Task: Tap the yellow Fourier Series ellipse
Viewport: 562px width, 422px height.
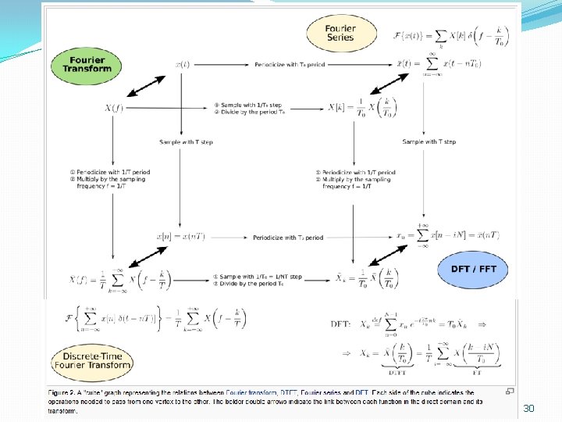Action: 340,33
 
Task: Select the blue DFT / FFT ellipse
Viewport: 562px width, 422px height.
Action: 473,269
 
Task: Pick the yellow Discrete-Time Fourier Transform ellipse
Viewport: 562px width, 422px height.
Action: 92,360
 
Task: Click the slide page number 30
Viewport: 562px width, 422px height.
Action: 528,408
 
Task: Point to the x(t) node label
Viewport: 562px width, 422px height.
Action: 181,64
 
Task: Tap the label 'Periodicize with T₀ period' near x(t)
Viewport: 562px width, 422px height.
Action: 289,65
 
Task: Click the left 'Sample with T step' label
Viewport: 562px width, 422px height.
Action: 186,142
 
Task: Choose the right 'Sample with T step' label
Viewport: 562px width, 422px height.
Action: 429,141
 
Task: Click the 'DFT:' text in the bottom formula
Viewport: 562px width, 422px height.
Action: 342,323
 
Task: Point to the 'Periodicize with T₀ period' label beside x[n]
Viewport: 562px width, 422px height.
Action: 288,237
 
